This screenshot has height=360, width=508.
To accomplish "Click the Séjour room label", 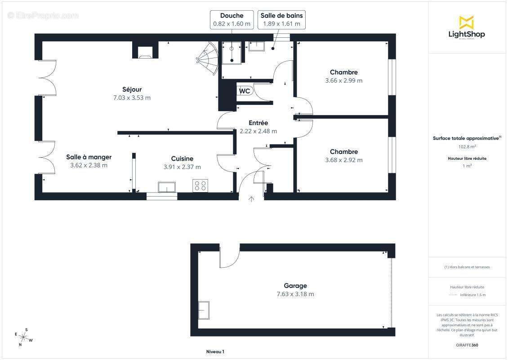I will pos(132,89).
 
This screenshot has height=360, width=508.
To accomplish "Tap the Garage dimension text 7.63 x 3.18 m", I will pos(295,294).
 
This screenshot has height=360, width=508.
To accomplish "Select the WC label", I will pos(245,91).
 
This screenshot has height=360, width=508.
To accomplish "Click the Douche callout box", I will pos(232,20).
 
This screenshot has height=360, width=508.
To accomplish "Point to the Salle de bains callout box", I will pos(281,20).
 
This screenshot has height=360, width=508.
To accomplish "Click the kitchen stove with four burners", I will pos(200,185).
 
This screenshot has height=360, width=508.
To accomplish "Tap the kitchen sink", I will pos(167,187).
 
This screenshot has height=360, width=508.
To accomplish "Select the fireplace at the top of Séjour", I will pos(145,50).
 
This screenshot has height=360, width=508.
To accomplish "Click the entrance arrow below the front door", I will pos(251,199).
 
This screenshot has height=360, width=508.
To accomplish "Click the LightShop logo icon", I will pos(466,22).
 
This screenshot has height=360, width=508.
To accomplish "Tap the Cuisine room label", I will pos(182,158).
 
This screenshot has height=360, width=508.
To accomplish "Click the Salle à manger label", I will pos(89,157).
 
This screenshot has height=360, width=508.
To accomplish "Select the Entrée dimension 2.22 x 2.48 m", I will pos(258,131).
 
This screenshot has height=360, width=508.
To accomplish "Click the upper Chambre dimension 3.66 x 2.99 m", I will pos(343,81).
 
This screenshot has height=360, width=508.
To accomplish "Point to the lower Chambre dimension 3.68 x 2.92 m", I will pos(343,160).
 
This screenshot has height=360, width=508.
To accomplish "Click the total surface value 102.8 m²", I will pos(467,147).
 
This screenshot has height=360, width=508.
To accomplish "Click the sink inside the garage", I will pos(204,310).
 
